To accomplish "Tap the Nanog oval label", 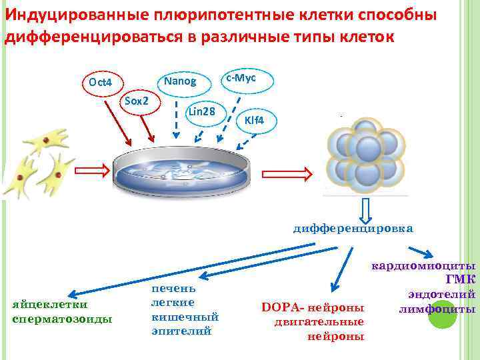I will point(181,81).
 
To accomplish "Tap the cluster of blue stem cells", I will point(367,158).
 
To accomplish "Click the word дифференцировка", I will point(353,228).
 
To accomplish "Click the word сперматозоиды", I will point(62,319).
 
